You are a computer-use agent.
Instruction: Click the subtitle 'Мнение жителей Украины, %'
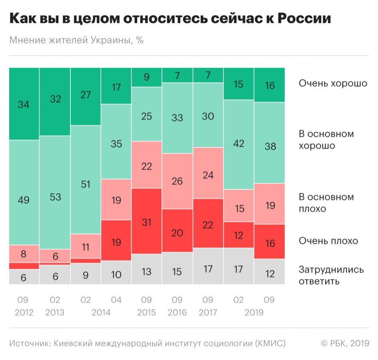76,40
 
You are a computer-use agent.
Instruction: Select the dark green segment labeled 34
24,104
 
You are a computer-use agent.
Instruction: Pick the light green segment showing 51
86,184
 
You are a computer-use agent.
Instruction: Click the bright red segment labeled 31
147,221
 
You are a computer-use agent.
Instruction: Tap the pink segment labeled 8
24,254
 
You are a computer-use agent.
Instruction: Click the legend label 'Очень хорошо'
333,84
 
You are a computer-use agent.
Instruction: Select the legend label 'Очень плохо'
328,241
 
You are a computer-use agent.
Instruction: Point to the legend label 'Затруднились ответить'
331,275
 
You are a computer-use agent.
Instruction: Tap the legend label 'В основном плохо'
326,203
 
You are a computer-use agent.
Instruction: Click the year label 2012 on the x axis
24,312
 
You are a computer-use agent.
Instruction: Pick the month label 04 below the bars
116,300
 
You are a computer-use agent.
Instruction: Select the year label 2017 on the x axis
208,312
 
